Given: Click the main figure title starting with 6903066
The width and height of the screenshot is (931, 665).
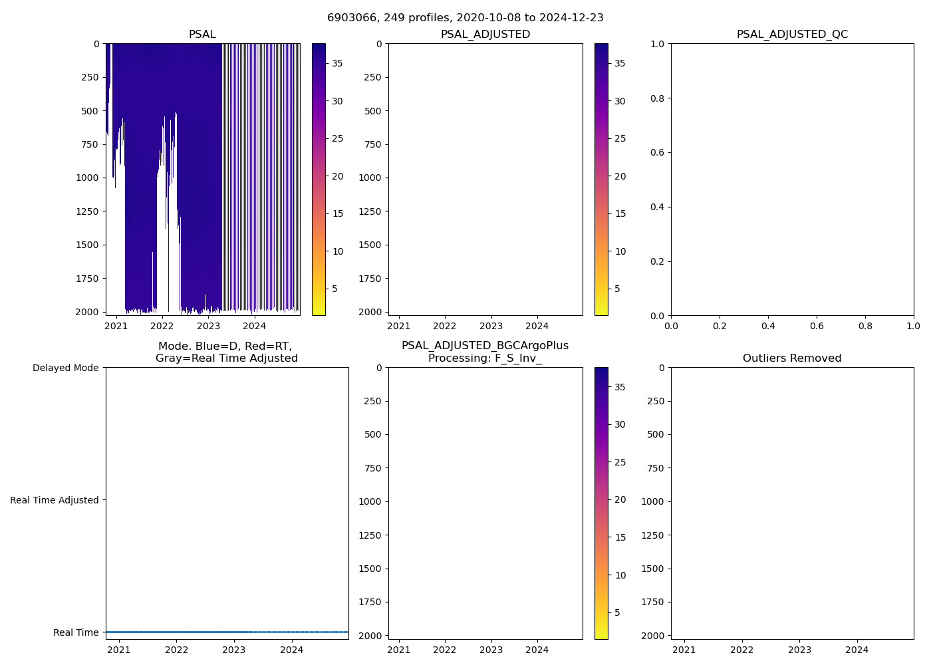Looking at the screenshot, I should tap(465, 18).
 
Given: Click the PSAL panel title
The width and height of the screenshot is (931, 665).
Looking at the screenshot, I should tap(202, 35).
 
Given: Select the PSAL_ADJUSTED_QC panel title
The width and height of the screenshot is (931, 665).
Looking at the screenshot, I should tap(792, 35).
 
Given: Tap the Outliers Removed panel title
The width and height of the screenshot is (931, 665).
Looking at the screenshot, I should tap(792, 358).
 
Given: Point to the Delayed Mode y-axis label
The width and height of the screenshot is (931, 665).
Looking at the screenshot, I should tap(65, 368).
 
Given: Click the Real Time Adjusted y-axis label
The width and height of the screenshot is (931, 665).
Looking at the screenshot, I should tap(54, 500).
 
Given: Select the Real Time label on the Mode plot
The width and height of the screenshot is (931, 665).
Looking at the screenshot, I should tap(75, 632).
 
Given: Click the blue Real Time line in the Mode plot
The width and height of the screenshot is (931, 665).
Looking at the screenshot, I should tap(226, 632).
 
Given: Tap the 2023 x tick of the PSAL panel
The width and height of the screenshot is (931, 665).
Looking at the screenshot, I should tap(208, 326).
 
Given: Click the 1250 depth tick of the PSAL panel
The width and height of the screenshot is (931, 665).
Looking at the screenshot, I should tap(89, 211).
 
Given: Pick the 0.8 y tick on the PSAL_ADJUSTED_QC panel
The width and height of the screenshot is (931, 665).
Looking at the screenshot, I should tap(657, 98).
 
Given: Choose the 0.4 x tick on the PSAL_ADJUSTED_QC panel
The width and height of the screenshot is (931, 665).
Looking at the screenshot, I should tap(768, 326).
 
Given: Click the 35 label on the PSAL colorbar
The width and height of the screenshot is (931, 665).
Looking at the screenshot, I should tap(338, 63).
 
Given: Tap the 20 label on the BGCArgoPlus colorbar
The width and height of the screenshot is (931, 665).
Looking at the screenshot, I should tap(620, 500).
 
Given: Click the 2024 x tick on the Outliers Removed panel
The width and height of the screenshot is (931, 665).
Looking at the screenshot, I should tap(857, 650).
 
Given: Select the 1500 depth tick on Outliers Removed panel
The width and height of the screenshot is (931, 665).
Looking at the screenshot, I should tap(654, 569).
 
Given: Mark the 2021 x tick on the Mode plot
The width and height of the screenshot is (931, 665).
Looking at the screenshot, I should tap(119, 650).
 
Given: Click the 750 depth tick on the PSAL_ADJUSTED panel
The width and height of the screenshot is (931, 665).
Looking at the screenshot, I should tap(373, 144).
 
